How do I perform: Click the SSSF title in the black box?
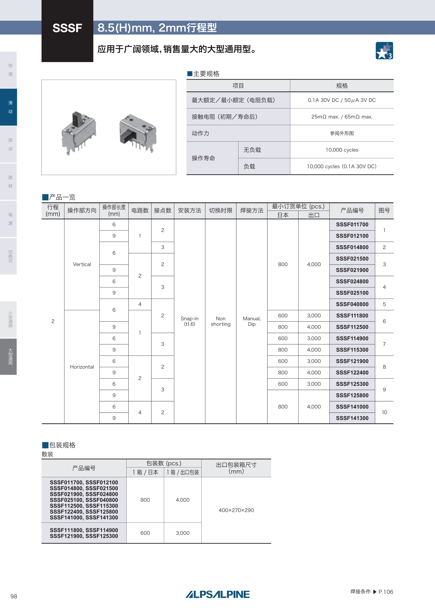tap(67, 28)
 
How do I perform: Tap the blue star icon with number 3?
tap(384, 51)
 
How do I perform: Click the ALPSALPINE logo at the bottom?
tap(217, 594)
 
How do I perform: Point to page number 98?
tap(14, 596)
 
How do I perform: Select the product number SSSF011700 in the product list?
tap(352, 224)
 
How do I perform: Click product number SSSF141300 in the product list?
tap(352, 418)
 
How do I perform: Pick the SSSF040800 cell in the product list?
tap(352, 304)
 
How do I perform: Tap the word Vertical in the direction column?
tap(82, 264)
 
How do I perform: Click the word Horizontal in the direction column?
tap(82, 367)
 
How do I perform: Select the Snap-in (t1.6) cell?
tap(189, 321)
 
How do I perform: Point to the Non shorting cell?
tap(220, 321)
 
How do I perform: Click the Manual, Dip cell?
tap(252, 321)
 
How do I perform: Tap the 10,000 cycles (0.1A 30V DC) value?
tap(342, 166)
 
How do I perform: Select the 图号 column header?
tap(384, 211)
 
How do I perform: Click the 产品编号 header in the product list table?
tap(352, 211)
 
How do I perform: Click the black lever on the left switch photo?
tap(77, 119)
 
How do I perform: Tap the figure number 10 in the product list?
tap(384, 412)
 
